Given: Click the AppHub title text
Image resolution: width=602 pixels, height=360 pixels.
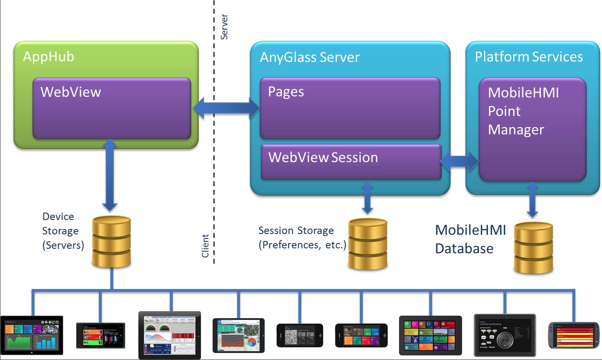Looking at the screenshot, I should click(x=48, y=57).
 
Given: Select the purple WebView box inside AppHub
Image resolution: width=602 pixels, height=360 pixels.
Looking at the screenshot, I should click(x=112, y=108).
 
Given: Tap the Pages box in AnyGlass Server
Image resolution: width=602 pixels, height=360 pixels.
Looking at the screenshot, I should click(x=350, y=108).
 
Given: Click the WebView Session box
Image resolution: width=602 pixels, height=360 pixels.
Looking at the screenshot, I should click(x=351, y=161).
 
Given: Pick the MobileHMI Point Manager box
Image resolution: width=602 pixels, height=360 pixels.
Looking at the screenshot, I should click(x=532, y=129).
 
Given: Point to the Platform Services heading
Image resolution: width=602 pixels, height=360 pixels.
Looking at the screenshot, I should click(x=529, y=57).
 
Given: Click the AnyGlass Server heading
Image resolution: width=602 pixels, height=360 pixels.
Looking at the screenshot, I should click(x=310, y=57).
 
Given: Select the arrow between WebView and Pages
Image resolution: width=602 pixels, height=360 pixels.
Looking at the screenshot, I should click(x=226, y=108).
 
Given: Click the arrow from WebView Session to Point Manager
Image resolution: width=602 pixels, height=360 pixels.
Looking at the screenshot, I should click(x=460, y=162).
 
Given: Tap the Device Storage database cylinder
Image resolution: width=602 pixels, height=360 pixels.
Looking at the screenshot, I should click(x=112, y=242).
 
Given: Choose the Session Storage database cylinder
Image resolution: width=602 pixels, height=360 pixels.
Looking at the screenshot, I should click(x=368, y=244).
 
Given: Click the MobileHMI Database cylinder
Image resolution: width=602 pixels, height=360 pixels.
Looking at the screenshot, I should click(x=533, y=248).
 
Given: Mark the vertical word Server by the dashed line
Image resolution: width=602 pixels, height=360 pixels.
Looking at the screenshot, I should click(x=224, y=27).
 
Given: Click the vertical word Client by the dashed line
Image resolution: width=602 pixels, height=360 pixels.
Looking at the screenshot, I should click(x=205, y=246).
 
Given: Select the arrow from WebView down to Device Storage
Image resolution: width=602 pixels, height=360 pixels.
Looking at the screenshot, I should click(x=110, y=174).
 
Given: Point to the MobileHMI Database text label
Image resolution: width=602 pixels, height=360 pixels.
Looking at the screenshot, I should click(x=470, y=239).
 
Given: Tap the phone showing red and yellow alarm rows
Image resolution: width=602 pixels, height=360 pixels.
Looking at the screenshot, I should click(x=574, y=335).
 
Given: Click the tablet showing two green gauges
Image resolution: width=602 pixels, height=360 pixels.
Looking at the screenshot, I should click(x=169, y=335).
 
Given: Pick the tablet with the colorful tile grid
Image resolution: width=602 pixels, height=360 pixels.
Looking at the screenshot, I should click(x=430, y=335).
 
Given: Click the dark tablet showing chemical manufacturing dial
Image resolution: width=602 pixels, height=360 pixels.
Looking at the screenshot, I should click(x=505, y=335).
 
